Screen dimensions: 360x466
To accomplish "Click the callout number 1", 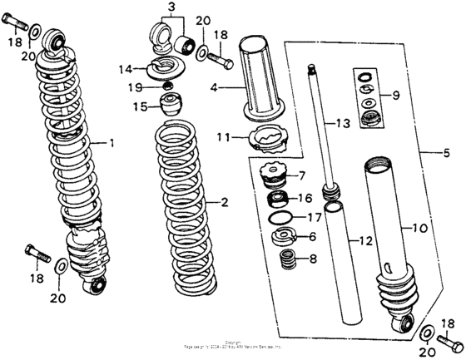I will point(112,143).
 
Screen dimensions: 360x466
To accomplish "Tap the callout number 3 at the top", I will point(171,8).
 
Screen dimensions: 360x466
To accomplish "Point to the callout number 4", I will point(214,86).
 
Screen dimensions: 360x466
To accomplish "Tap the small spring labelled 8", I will point(286,259).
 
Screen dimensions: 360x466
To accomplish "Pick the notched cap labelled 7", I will point(275,176).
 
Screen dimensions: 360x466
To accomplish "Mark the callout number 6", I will point(311,237).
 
